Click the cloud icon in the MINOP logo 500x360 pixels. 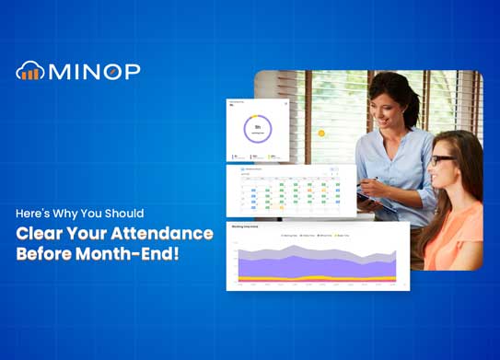pos(29,71)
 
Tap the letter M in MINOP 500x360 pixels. pos(59,71)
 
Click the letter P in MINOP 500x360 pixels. pos(131,71)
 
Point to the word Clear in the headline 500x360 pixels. pos(40,233)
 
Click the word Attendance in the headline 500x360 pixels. pos(166,233)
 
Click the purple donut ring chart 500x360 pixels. pos(258,130)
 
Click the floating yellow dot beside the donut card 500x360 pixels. pos(321,134)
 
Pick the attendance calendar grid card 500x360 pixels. pos(290,192)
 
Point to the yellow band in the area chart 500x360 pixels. pos(313,276)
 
